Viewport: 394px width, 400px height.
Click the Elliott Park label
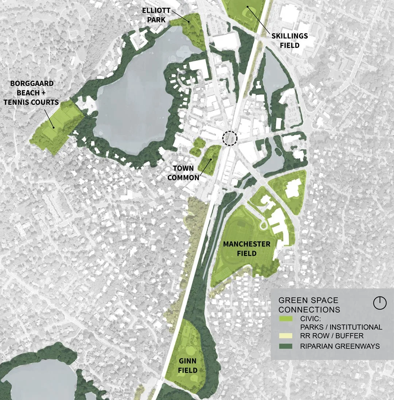[156, 15]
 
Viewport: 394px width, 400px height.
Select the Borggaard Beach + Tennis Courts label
[31, 93]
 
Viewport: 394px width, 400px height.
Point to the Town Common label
[186, 173]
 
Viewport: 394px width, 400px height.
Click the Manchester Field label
[247, 248]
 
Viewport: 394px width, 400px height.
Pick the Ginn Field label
[188, 366]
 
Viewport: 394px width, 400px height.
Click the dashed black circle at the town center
[230, 138]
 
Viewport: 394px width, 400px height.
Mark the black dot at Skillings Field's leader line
[248, 7]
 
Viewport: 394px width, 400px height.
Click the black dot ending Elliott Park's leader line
[189, 22]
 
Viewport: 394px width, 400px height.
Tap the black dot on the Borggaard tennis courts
[53, 127]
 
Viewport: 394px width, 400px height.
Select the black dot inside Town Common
[211, 160]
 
